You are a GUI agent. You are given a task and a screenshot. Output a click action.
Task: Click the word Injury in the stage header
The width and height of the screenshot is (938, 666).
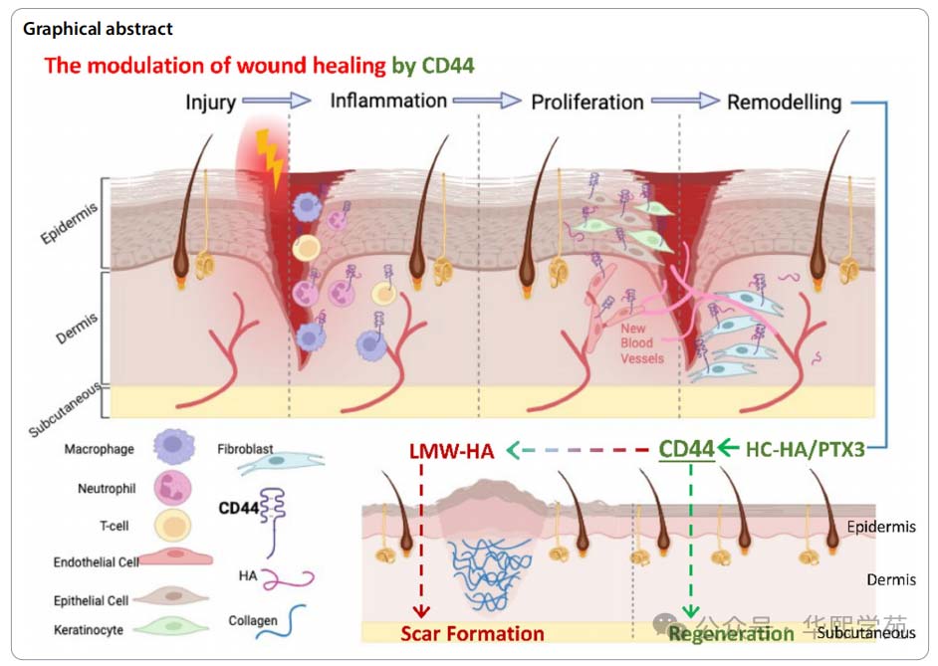pyautogui.click(x=210, y=102)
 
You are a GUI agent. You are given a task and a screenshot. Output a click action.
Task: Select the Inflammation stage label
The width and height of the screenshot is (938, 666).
pyautogui.click(x=388, y=102)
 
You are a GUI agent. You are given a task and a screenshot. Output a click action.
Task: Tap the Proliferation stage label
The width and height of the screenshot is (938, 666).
pyautogui.click(x=587, y=102)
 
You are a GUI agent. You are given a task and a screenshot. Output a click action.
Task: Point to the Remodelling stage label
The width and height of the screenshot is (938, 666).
pyautogui.click(x=784, y=102)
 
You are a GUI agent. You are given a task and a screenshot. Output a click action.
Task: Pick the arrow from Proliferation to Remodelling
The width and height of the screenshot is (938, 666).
pyautogui.click(x=685, y=101)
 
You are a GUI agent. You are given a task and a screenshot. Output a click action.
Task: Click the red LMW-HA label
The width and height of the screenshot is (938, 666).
pyautogui.click(x=451, y=450)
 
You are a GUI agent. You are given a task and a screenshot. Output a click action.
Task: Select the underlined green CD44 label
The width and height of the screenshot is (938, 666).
pyautogui.click(x=687, y=449)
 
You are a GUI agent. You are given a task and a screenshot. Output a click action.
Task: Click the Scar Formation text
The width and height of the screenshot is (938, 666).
pyautogui.click(x=472, y=633)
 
